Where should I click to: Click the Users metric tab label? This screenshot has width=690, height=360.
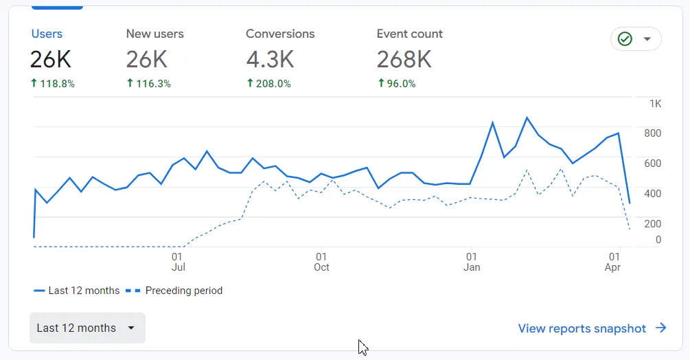pyautogui.click(x=47, y=34)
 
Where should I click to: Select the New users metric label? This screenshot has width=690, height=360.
pyautogui.click(x=154, y=34)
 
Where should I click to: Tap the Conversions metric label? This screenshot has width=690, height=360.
pyautogui.click(x=280, y=34)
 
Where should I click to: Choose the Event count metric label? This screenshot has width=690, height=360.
pyautogui.click(x=409, y=34)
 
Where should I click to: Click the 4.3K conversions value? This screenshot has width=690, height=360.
pyautogui.click(x=270, y=60)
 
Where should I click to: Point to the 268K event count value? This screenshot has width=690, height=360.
pyautogui.click(x=404, y=60)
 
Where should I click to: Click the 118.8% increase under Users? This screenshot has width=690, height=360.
pyautogui.click(x=53, y=84)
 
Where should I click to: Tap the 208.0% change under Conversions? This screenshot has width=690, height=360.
pyautogui.click(x=268, y=84)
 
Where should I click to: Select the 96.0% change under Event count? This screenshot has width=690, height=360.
pyautogui.click(x=397, y=84)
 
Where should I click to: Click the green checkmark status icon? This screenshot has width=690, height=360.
pyautogui.click(x=625, y=39)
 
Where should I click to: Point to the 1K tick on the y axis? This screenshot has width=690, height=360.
pyautogui.click(x=655, y=104)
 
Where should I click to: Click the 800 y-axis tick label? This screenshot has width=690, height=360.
pyautogui.click(x=652, y=133)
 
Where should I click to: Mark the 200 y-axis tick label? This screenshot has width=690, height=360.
pyautogui.click(x=652, y=223)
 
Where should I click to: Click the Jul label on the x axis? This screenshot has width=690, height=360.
pyautogui.click(x=178, y=267)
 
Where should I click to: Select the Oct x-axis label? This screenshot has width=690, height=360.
pyautogui.click(x=321, y=267)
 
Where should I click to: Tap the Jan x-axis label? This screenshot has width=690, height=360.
pyautogui.click(x=472, y=267)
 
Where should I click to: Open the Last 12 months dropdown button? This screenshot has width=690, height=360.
pyautogui.click(x=87, y=328)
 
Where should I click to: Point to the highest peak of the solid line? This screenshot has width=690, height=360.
pyautogui.click(x=527, y=117)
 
